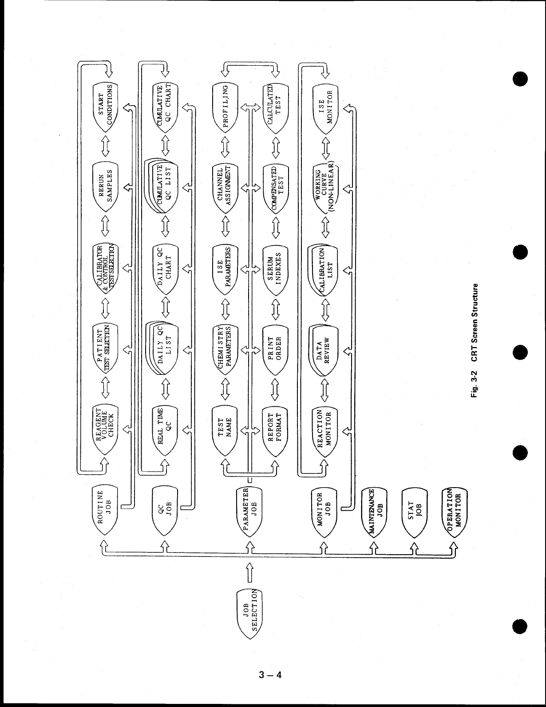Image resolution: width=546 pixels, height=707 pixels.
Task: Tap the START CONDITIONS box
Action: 105,107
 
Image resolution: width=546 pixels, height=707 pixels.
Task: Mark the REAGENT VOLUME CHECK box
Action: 105,428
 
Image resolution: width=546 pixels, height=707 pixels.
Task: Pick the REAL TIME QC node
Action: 165,428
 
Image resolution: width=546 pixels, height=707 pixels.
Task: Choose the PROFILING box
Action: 226,107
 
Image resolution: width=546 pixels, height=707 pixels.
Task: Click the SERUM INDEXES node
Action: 276,268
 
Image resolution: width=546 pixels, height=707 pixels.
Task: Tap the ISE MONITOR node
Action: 325,107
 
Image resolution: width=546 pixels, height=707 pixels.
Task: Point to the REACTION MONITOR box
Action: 325,428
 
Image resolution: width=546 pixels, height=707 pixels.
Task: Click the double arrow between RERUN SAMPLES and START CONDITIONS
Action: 105,145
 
